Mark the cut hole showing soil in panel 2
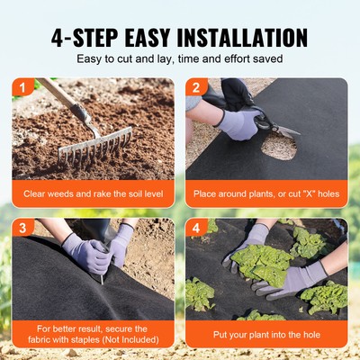tap(278, 145)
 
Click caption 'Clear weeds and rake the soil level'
tap(93, 193)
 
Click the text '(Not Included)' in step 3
tap(126, 339)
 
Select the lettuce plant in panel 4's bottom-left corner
tap(200, 293)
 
